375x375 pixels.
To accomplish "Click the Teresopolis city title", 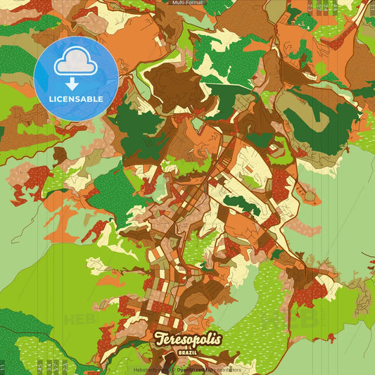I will (188, 338).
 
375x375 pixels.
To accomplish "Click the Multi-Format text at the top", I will (187, 3).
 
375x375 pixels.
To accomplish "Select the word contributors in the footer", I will (227, 369).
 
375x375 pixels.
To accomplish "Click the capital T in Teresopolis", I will (159, 338).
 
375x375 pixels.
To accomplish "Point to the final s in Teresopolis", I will (217, 338).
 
